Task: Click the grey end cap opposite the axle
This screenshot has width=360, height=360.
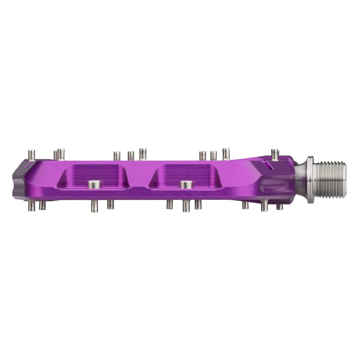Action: tap(17, 179)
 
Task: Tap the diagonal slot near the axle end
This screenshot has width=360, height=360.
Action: tap(268, 165)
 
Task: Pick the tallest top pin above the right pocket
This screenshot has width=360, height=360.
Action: tap(226, 153)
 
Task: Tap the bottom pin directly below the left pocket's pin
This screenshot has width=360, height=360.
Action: tap(94, 204)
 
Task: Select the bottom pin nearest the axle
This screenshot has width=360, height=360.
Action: tap(280, 207)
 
